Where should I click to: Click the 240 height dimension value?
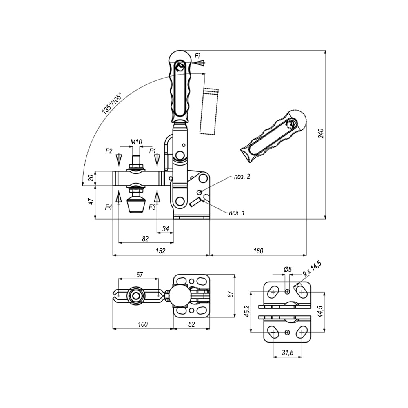322,133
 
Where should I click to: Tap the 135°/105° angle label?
111,103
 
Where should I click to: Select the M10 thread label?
136,142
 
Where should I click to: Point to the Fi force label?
197,56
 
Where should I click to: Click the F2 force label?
109,151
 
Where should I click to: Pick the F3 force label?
152,207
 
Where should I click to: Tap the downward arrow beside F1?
157,160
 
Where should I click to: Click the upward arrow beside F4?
119,197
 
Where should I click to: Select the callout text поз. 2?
242,177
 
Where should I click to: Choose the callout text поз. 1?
237,213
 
